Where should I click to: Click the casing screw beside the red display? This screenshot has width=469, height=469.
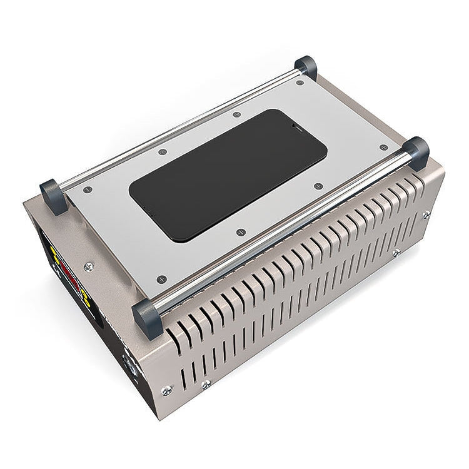88,267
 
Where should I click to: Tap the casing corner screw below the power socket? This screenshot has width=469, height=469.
166,390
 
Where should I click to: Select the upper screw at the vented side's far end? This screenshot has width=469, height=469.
426,214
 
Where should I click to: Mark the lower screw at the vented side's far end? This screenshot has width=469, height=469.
396,253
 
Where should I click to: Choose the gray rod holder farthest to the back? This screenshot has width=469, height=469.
306,66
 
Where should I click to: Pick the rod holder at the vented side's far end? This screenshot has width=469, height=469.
416,153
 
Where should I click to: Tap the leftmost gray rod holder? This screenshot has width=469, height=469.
53,196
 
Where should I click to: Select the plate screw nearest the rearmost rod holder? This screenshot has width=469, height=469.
300,83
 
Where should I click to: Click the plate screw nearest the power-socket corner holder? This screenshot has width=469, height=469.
162,279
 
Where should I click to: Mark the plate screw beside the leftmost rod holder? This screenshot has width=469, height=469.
87,189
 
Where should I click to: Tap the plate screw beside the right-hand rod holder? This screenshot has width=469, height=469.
383,148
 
